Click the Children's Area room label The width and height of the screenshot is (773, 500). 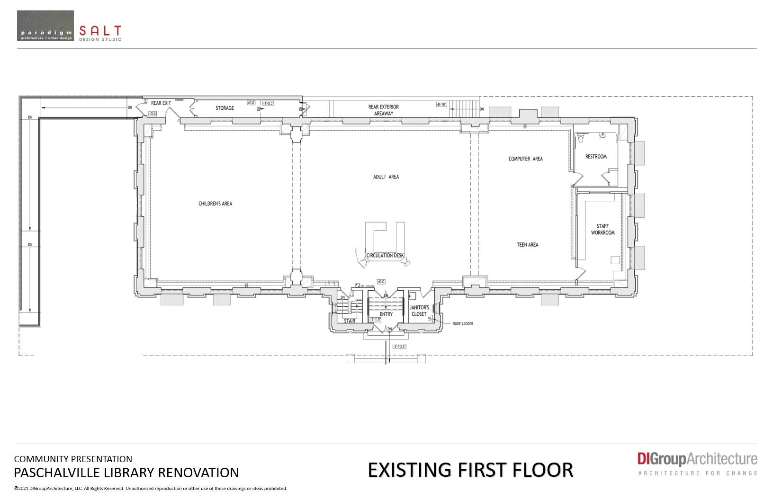[215, 204]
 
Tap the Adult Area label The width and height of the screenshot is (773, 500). [386, 177]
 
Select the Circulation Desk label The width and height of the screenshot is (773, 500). [385, 256]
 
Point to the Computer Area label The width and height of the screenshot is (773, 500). [525, 159]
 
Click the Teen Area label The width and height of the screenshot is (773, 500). [527, 245]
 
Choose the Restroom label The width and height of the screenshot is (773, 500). [595, 156]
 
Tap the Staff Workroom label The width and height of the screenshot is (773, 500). [602, 229]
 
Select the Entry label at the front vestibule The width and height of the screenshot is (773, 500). [386, 314]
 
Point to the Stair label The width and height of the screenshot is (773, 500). [350, 321]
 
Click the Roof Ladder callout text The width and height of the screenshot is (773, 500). [463, 324]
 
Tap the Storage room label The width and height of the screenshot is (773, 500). [225, 108]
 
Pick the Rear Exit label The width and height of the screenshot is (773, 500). [161, 103]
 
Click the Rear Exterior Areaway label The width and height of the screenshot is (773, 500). [383, 110]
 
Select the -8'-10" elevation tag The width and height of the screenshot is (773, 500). [441, 104]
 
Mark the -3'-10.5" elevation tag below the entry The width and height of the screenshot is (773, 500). [399, 346]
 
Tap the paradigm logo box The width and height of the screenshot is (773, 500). [45, 26]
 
